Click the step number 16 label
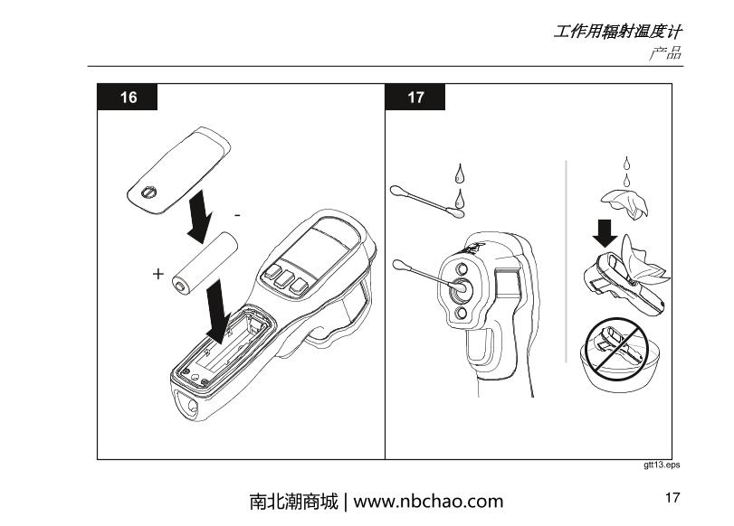pos(129,98)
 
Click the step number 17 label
pos(415,98)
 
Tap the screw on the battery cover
pos(149,192)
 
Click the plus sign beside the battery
pos(158,274)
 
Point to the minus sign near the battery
pos(237,215)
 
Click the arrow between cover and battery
pos(200,217)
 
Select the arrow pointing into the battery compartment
pos(218,311)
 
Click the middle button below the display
pos(284,279)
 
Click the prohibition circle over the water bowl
pos(615,347)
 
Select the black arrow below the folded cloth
pos(605,233)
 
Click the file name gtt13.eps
pos(662,465)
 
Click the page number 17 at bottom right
pos(672,497)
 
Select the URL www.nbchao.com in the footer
pos(428,502)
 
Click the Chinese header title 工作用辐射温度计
pos(617,32)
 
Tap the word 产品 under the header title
pos(665,53)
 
